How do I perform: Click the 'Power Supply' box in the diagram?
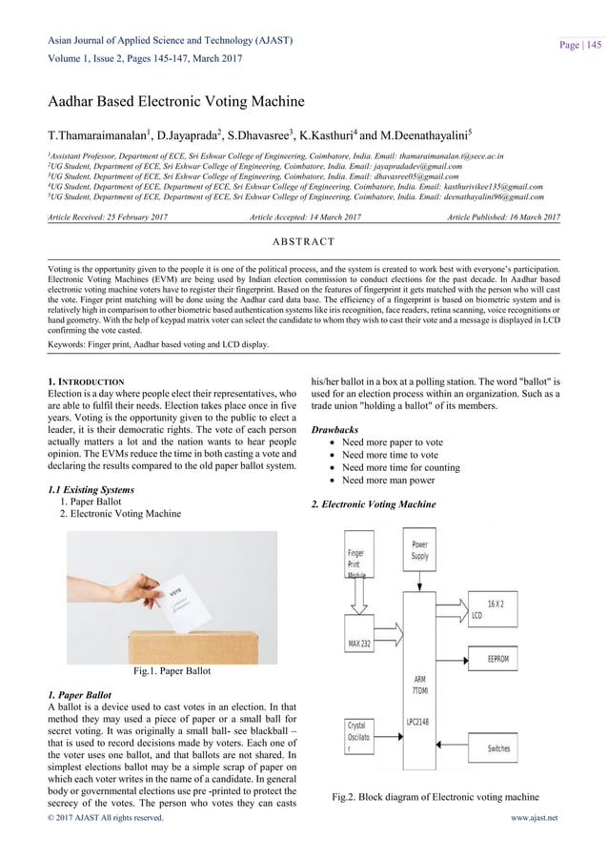click(x=419, y=550)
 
